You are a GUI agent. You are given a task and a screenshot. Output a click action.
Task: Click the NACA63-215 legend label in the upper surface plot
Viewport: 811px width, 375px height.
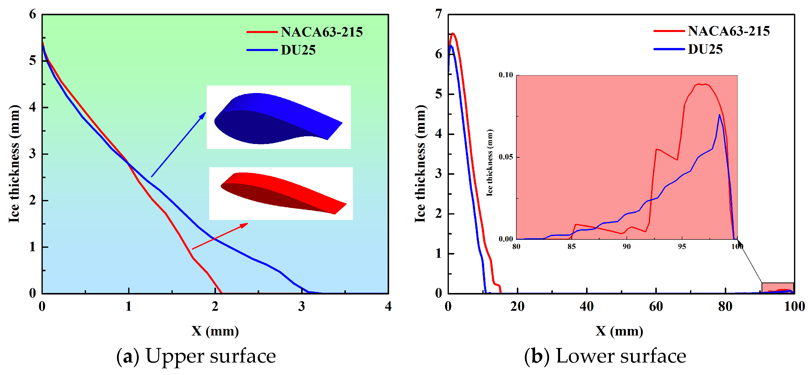coord(321,32)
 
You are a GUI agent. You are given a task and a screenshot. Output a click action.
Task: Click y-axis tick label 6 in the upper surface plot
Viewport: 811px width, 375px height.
coord(32,14)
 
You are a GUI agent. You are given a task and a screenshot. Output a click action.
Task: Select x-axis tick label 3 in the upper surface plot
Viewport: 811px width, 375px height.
coord(301,306)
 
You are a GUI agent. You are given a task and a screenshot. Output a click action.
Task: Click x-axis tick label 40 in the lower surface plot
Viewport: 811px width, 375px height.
coord(587,306)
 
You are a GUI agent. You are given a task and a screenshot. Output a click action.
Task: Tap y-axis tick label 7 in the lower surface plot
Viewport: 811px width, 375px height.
coord(439,14)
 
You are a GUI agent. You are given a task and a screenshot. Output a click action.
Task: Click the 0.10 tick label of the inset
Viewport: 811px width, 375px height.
coord(506,75)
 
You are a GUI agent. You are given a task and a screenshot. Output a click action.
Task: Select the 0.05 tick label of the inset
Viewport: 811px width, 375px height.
coord(506,157)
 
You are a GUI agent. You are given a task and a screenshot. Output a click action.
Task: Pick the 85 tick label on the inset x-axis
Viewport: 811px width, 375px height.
coord(571,247)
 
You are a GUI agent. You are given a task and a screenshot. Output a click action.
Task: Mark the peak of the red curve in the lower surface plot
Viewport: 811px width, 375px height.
coord(453,33)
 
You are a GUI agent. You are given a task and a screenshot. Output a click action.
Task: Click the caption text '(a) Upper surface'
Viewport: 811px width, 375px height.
coord(196,356)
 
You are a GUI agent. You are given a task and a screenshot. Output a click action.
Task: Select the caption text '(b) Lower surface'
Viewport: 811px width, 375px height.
coord(605,356)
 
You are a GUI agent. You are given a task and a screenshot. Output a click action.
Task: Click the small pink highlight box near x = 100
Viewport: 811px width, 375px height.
coord(777,288)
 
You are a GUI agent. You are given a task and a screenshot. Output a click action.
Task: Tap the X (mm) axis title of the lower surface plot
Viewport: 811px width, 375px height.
coord(619,331)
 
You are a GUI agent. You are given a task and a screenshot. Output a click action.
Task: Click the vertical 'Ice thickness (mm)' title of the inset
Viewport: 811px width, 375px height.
coord(490,162)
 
